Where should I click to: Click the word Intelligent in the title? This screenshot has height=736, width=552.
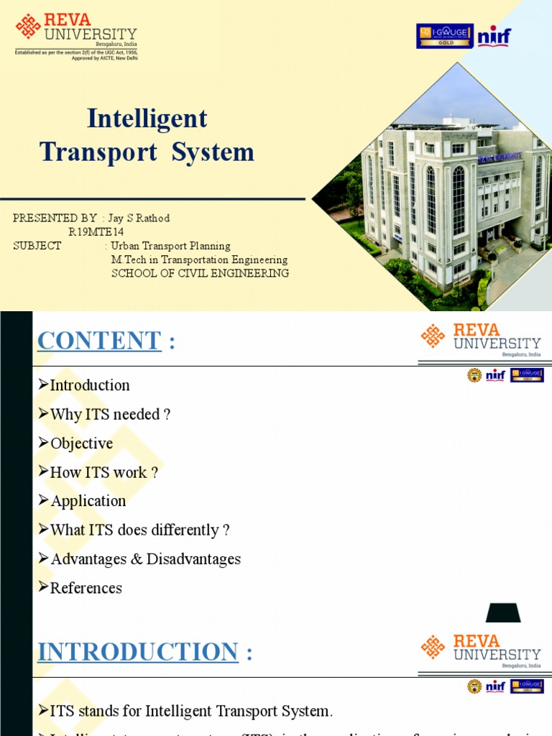147,119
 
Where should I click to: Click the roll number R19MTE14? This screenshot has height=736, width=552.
96,231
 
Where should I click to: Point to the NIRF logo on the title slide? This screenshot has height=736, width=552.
494,36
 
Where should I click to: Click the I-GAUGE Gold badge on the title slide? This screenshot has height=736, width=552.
444,36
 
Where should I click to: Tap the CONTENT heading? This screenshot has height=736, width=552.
99,341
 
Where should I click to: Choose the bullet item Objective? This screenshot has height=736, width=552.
81,443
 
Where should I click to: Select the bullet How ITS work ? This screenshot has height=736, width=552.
103,472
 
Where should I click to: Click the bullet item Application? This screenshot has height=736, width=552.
88,501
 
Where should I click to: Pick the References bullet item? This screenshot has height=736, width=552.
86,588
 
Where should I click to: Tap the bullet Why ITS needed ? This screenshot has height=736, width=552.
110,414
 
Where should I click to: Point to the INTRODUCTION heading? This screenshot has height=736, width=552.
138,652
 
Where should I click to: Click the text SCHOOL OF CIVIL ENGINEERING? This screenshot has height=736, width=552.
200,273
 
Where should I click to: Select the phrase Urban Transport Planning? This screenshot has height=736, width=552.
170,246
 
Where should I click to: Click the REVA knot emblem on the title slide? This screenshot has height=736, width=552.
29,27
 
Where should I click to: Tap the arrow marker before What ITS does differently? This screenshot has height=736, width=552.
44,530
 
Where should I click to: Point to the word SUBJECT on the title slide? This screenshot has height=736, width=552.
37,246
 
